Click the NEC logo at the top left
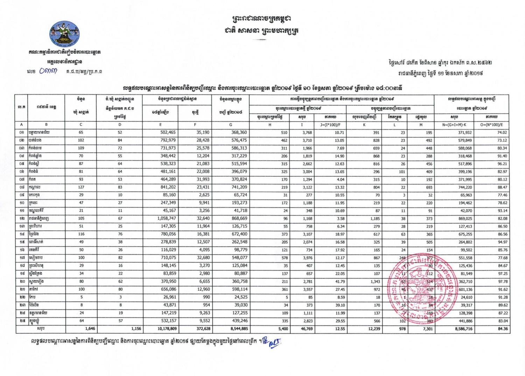[65, 34]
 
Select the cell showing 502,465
[168, 133]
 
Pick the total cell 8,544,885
[235, 329]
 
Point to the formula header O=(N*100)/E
[492, 125]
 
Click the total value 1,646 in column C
[90, 329]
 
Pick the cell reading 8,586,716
[462, 329]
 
